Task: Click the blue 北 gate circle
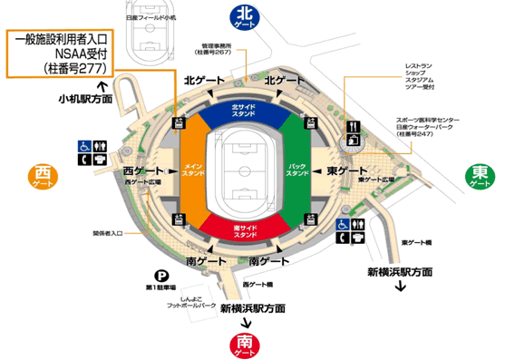pos(244,16)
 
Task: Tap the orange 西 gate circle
pos(42,175)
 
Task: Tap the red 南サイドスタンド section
pos(242,228)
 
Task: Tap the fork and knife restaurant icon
pos(353,126)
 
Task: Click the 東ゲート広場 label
pos(375,180)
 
